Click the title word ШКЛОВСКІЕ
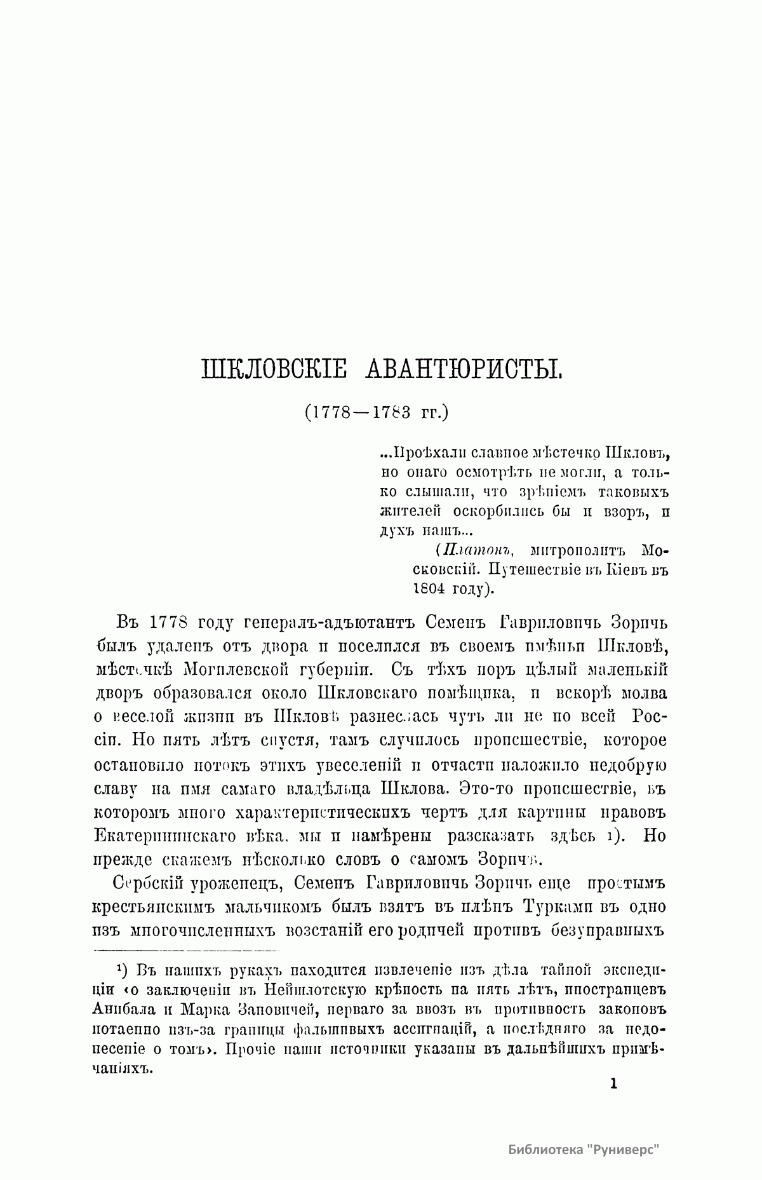click(x=274, y=369)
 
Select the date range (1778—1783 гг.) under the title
click(x=376, y=412)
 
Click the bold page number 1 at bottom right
click(x=613, y=1083)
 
